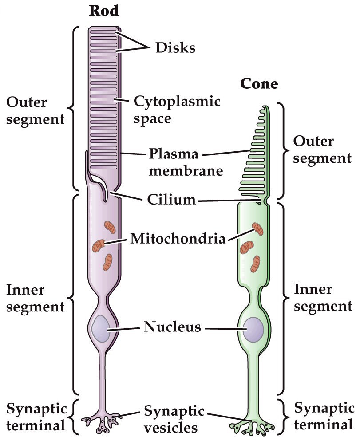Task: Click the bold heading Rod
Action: [x=104, y=11]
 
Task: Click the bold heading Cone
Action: [x=259, y=83]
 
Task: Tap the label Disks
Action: [x=175, y=47]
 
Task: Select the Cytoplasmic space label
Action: [x=177, y=110]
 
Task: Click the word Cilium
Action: [x=171, y=200]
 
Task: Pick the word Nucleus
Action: [x=172, y=328]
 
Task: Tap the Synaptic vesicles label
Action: [x=174, y=419]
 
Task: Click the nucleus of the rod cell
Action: [x=101, y=329]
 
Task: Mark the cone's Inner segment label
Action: [x=323, y=298]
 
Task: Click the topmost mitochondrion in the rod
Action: [x=109, y=227]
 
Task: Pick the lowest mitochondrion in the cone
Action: [x=255, y=264]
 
